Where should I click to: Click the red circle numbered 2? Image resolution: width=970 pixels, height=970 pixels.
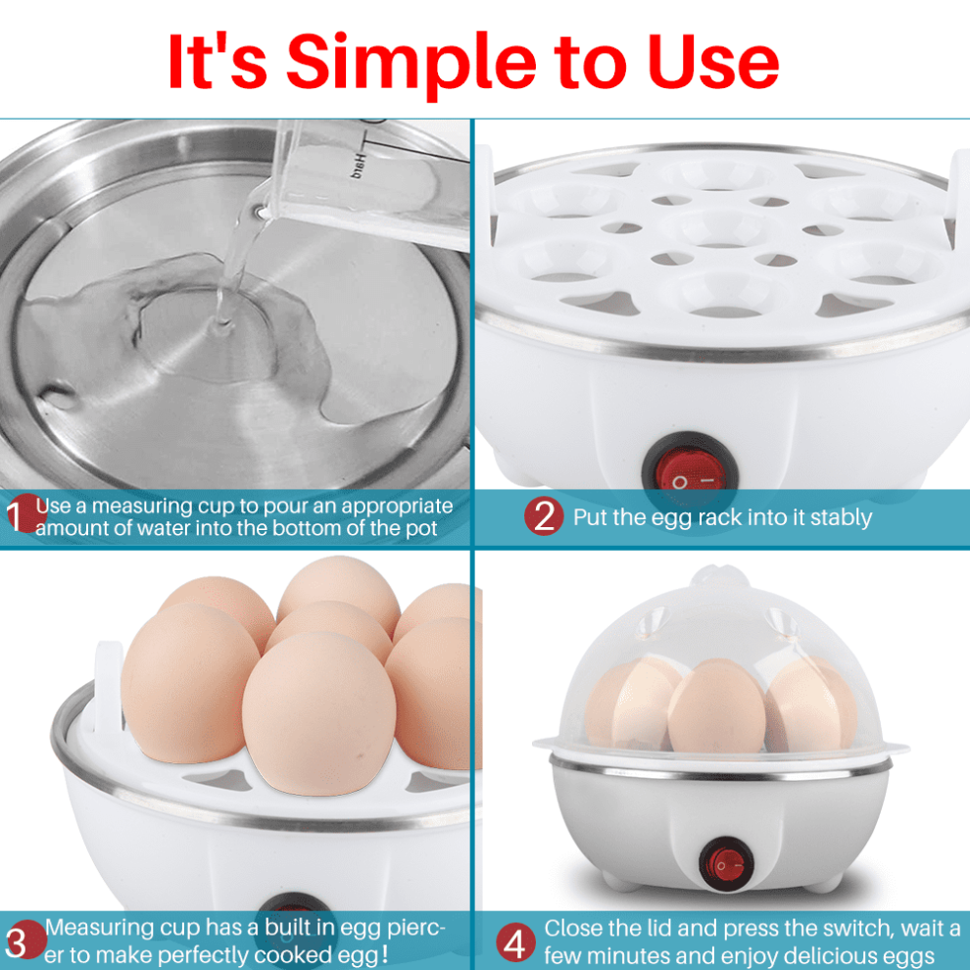tap(544, 516)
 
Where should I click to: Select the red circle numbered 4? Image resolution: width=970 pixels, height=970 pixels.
tap(515, 943)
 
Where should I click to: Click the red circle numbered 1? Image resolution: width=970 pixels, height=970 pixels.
tap(24, 513)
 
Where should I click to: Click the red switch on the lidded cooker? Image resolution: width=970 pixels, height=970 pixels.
tap(726, 863)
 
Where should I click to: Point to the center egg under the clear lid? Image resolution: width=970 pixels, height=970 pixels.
tap(716, 706)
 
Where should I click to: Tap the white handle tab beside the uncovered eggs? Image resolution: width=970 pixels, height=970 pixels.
tap(108, 681)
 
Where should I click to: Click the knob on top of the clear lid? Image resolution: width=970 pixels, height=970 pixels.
tap(719, 576)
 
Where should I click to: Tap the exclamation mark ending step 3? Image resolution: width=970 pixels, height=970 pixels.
tap(385, 953)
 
